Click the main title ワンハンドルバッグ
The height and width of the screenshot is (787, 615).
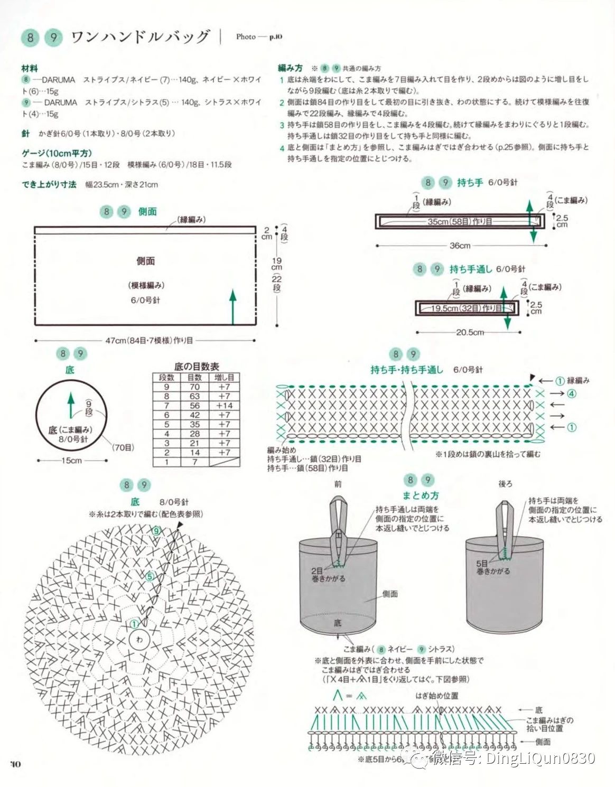140,36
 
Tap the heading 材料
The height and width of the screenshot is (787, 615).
30,68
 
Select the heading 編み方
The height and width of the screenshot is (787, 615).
290,68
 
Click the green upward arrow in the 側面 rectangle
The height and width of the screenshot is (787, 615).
232,306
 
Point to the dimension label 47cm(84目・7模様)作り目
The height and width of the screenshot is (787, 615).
150,341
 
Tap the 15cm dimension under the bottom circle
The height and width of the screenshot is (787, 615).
71,461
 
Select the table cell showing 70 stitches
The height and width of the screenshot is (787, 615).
194,387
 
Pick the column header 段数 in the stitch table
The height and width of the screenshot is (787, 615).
166,377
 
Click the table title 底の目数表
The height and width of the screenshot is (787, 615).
197,366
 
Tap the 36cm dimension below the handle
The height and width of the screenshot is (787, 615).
460,246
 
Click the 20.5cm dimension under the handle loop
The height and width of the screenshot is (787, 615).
470,332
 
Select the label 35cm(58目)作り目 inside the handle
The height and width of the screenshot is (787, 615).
460,221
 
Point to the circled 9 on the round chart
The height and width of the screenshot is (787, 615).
156,531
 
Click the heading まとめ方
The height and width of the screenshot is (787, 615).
420,495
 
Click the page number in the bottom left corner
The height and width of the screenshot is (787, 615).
15,764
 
